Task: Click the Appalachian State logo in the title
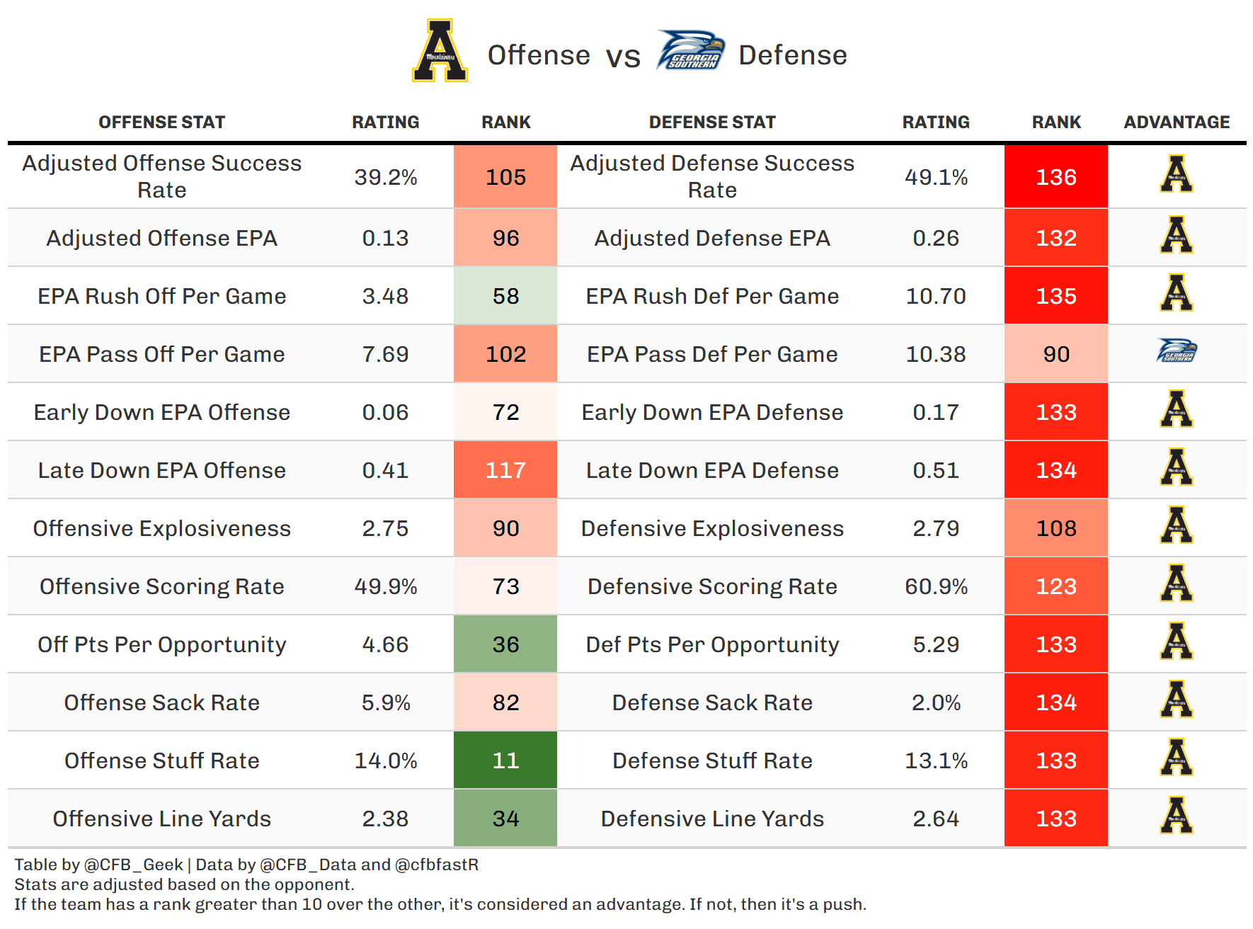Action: [x=440, y=51]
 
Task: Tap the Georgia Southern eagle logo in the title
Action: [x=690, y=50]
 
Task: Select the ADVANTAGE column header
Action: [x=1177, y=122]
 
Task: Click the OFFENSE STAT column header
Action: [x=161, y=122]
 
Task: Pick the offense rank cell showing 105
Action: [x=505, y=177]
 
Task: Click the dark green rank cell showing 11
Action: [x=505, y=760]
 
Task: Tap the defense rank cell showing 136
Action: [x=1056, y=177]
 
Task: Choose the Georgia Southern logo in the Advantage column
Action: [x=1177, y=351]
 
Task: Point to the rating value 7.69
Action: [x=385, y=354]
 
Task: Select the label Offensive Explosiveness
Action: [x=161, y=528]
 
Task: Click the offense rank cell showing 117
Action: [x=505, y=470]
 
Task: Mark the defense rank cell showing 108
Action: [x=1056, y=528]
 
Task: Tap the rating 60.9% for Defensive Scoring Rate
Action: [x=936, y=586]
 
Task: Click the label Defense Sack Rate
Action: [x=712, y=702]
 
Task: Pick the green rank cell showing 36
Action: [x=505, y=644]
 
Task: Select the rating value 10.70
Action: [x=936, y=296]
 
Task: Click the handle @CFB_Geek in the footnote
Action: [x=133, y=865]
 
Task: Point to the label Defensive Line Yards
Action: [x=712, y=819]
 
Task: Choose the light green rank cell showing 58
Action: [x=505, y=296]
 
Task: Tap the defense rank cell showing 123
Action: [x=1056, y=586]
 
